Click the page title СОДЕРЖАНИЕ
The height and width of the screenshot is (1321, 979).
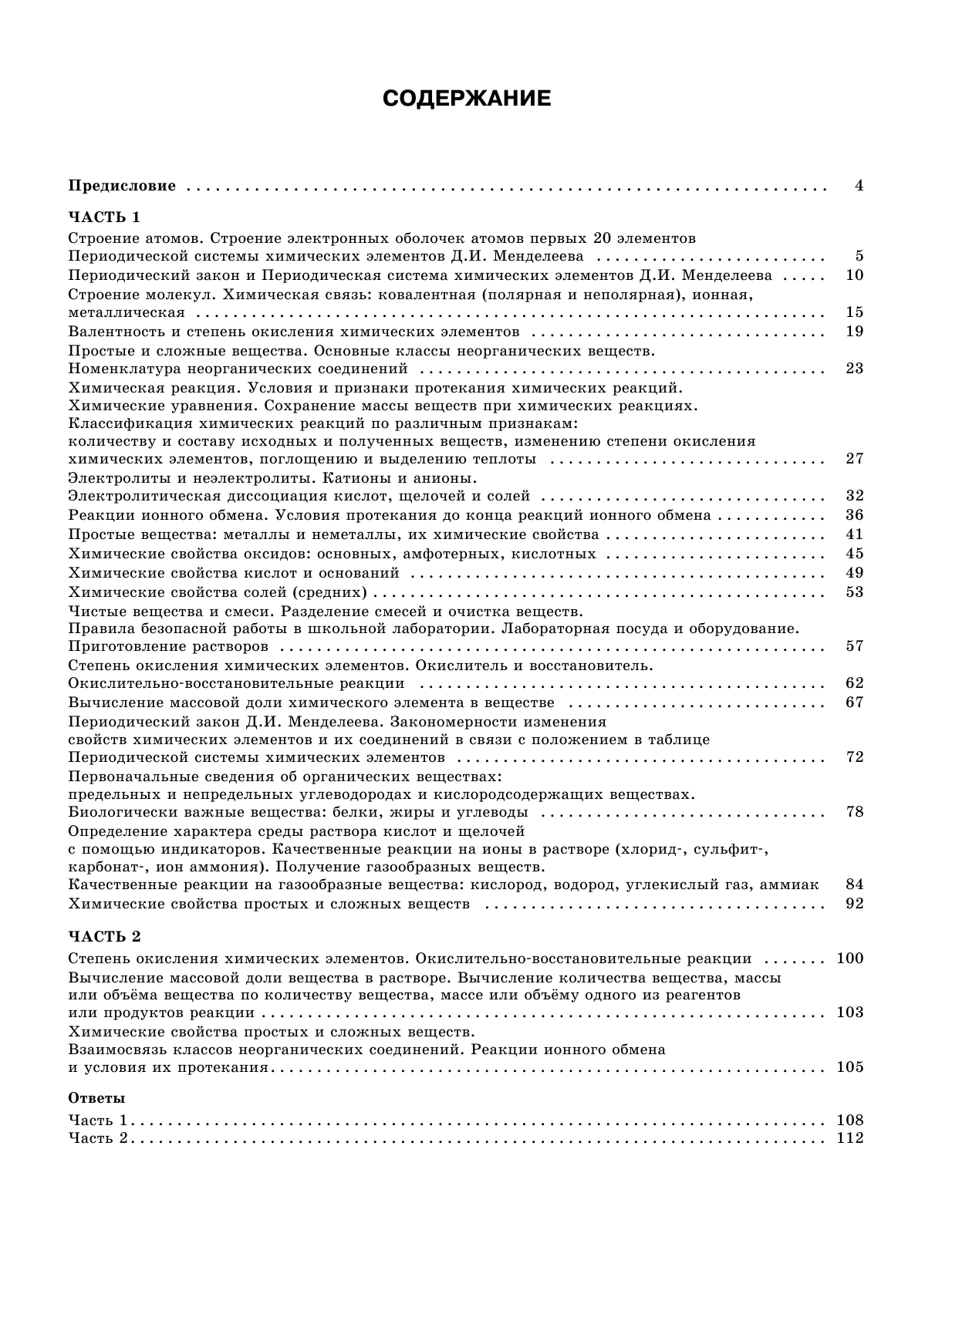pyautogui.click(x=467, y=99)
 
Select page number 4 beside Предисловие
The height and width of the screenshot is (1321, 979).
pyautogui.click(x=859, y=186)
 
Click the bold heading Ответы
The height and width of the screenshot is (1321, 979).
pyautogui.click(x=96, y=1098)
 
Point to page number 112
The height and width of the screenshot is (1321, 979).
pyautogui.click(x=849, y=1139)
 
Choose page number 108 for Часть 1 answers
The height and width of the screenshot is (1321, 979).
pyautogui.click(x=849, y=1120)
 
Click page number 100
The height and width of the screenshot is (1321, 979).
pyautogui.click(x=849, y=959)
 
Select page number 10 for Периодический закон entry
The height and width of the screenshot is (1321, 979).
pyautogui.click(x=854, y=275)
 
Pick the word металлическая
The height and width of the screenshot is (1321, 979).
pyautogui.click(x=127, y=312)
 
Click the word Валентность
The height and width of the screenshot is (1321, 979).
pyautogui.click(x=116, y=332)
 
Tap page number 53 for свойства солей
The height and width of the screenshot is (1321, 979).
pyautogui.click(x=854, y=592)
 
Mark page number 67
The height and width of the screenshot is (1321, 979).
pyautogui.click(x=854, y=703)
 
